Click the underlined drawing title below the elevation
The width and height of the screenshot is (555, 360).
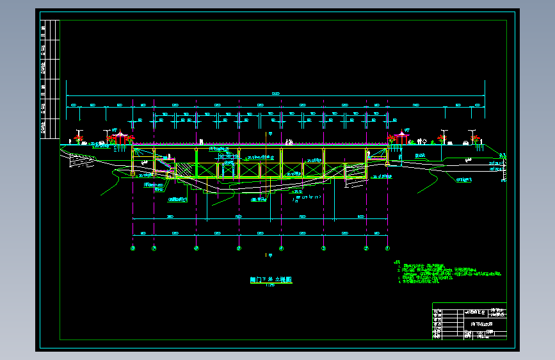[x=270, y=280]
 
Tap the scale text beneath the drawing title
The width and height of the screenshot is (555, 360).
[x=270, y=286]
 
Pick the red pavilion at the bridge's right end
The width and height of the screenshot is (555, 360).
[x=403, y=136]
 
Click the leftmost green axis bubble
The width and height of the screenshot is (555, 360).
[x=133, y=249]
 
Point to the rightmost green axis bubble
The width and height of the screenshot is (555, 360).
[x=387, y=249]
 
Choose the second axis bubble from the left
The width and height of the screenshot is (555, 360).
[x=154, y=249]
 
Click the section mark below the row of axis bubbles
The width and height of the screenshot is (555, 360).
[x=269, y=256]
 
